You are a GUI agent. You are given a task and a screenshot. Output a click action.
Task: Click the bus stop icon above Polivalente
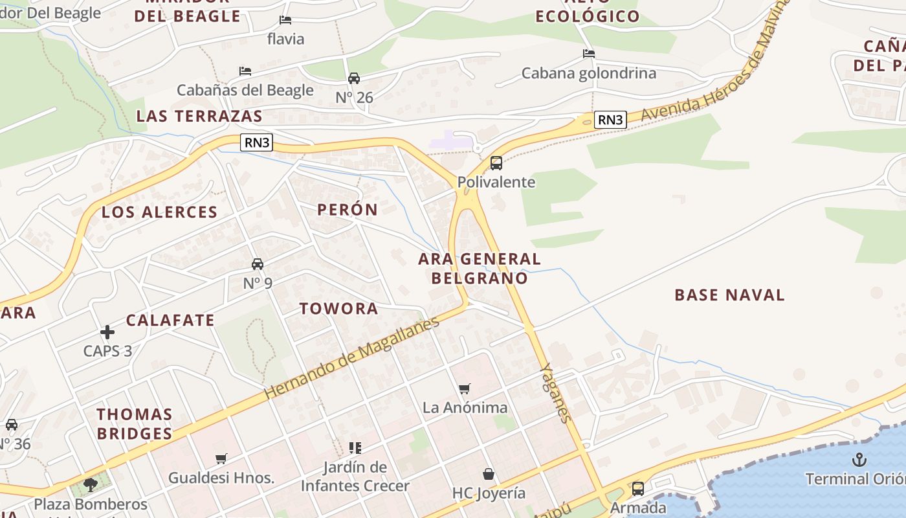(x=496, y=163)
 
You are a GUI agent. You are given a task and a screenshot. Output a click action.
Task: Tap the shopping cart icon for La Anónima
(x=464, y=388)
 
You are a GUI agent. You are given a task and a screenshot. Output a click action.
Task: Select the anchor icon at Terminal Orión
(x=859, y=460)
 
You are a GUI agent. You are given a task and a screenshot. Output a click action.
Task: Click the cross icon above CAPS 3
(x=107, y=332)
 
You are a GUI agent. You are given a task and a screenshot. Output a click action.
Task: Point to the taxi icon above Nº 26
(x=354, y=78)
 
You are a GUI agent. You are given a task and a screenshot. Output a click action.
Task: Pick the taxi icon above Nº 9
(x=258, y=264)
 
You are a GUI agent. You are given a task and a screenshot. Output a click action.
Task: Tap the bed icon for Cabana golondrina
(x=588, y=54)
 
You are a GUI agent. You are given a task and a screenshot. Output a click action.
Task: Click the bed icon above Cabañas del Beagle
(x=245, y=71)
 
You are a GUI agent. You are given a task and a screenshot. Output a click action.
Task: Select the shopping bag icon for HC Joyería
(x=489, y=474)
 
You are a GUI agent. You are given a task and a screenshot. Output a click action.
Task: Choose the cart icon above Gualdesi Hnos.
(x=221, y=458)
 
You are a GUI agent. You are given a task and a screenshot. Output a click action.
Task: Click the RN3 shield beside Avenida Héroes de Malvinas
(x=610, y=120)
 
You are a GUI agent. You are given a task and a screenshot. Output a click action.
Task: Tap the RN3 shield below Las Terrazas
(x=256, y=142)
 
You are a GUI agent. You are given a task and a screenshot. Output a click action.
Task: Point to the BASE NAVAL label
(x=729, y=295)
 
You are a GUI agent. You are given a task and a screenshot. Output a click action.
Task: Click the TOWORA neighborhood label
(x=338, y=309)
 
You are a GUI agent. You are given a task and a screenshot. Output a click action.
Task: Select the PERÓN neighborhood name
(x=348, y=210)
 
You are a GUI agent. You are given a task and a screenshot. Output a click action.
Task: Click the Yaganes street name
(x=556, y=393)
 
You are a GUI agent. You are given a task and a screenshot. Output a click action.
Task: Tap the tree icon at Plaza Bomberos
(x=91, y=484)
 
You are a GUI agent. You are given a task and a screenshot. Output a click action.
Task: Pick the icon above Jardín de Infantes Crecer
(x=355, y=447)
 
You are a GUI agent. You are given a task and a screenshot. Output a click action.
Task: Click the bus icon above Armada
(x=637, y=489)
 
